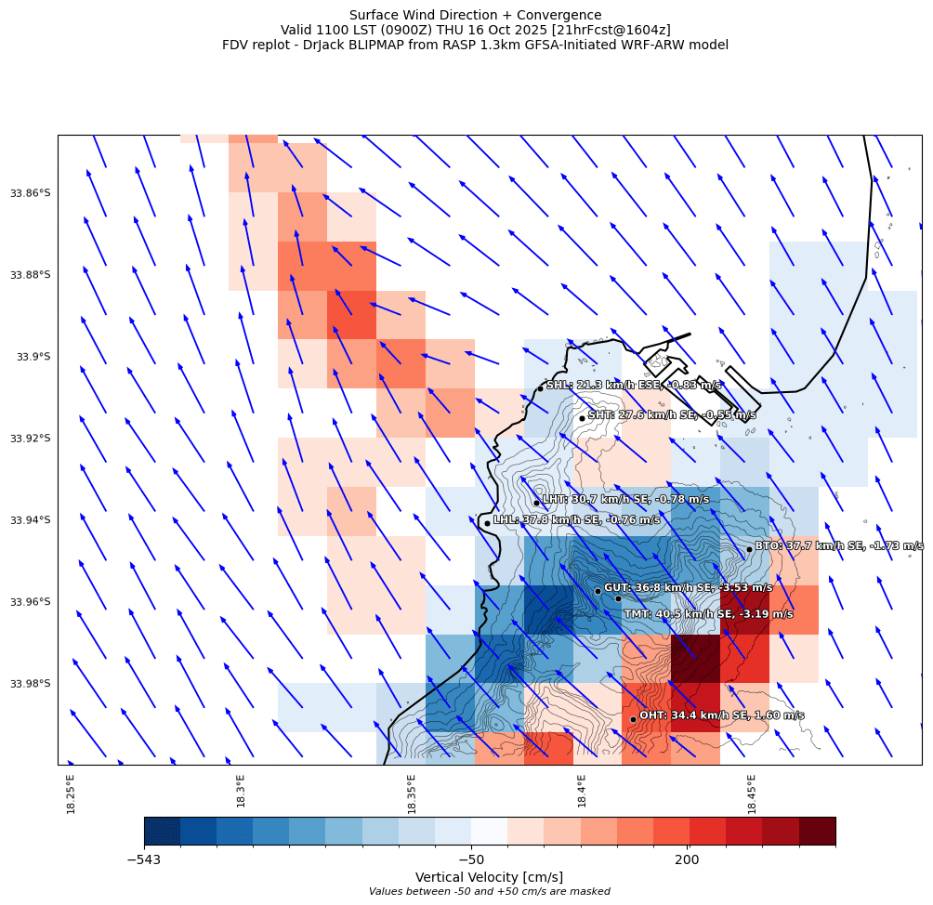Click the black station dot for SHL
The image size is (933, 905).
[540, 388]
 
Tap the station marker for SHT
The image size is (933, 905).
[582, 418]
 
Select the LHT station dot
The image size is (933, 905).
[536, 503]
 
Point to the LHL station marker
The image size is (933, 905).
[487, 523]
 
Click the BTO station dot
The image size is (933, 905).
[749, 549]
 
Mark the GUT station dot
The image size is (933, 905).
[598, 591]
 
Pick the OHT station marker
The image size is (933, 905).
[633, 719]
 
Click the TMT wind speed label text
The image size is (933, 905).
[708, 614]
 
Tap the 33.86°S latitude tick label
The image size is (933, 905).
[30, 193]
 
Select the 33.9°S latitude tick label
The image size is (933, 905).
[34, 357]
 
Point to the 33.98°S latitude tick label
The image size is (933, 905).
[30, 684]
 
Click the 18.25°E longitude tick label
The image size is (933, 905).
[72, 794]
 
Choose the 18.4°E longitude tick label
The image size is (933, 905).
[582, 794]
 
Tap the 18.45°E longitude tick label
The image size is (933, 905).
[752, 794]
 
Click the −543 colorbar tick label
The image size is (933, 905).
[144, 860]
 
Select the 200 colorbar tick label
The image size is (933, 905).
[688, 860]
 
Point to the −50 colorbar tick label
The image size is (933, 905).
[471, 860]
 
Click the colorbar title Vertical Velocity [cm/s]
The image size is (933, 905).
[489, 877]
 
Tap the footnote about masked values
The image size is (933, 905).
[489, 892]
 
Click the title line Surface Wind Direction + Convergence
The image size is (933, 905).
[475, 15]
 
